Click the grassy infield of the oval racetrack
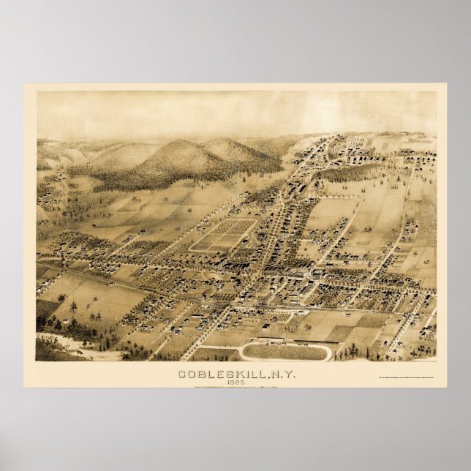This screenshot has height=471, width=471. (285, 352)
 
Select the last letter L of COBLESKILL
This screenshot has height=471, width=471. (260, 374)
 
